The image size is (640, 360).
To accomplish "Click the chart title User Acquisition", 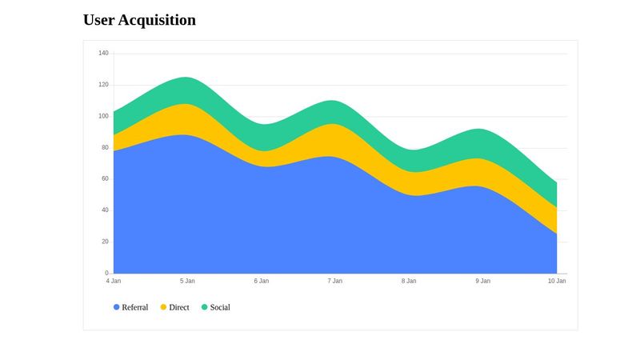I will tap(139, 20).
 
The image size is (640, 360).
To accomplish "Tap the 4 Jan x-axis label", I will tap(114, 281).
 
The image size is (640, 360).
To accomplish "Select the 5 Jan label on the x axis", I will tap(187, 281).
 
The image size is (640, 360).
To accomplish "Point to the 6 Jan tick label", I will tap(262, 281).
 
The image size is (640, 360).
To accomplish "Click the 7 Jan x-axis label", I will tap(335, 281).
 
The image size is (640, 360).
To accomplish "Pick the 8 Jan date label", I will tap(409, 281).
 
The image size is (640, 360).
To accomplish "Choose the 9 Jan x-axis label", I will tap(483, 281).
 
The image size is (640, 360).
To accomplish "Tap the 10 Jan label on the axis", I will tap(556, 281).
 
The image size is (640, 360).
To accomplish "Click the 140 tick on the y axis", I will tap(103, 54).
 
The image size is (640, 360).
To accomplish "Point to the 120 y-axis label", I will tap(103, 85).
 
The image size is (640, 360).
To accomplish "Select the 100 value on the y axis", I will tap(103, 116).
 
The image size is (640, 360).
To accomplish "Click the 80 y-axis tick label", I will tap(105, 147).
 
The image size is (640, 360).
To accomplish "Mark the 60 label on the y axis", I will tap(105, 178).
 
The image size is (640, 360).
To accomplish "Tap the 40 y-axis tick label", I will tap(105, 210).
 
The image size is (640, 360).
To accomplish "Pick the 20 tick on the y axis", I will tap(105, 242).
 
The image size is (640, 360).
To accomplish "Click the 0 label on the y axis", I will tap(106, 273).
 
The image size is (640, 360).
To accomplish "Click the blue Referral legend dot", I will tap(117, 307).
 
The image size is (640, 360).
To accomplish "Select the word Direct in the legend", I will tap(179, 307).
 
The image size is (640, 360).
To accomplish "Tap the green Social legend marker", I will tap(204, 307).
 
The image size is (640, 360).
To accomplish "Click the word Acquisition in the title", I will tap(157, 20).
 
